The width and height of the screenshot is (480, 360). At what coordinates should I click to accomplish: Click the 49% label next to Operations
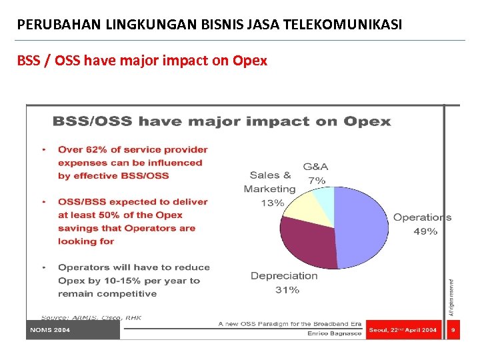[425, 231]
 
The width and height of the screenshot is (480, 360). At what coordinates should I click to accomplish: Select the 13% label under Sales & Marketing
[272, 203]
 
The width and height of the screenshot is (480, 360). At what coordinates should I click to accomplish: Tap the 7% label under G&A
[316, 180]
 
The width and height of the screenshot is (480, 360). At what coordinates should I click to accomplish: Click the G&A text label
[315, 167]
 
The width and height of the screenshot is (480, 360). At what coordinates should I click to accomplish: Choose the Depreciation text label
[284, 275]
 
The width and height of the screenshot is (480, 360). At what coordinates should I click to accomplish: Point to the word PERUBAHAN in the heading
[51, 25]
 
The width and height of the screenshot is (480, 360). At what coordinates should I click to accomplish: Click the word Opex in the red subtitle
[249, 61]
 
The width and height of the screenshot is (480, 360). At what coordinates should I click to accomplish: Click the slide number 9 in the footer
[453, 330]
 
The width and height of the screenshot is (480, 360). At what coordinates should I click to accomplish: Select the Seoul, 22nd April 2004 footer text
[403, 330]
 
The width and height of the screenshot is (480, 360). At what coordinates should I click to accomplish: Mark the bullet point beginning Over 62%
[129, 163]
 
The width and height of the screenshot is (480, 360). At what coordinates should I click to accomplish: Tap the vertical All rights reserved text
[451, 297]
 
